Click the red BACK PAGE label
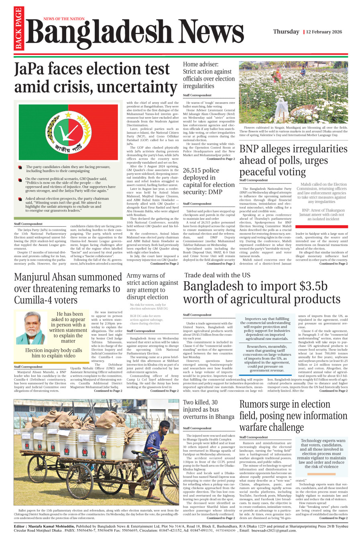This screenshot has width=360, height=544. [x=18, y=28]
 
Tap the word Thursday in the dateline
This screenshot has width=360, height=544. [x=286, y=32]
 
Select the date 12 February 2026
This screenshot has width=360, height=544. [x=324, y=32]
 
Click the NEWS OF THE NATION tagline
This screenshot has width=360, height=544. [x=64, y=19]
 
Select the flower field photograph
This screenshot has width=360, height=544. [x=293, y=92]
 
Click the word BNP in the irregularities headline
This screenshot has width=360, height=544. [x=252, y=149]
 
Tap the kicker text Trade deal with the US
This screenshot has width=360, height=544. [x=217, y=275]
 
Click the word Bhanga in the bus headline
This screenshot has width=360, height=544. [x=225, y=417]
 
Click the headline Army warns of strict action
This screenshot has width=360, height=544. [x=152, y=286]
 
